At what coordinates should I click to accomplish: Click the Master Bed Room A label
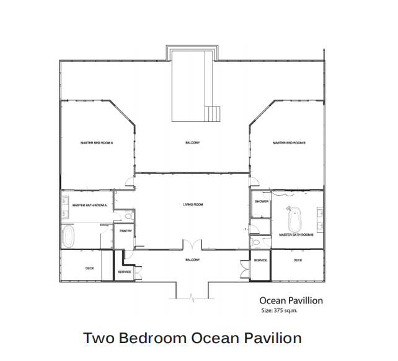(x=97, y=142)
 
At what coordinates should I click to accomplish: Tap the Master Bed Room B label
(x=289, y=142)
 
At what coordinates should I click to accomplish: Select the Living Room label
(x=193, y=204)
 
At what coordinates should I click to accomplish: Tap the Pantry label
(x=126, y=231)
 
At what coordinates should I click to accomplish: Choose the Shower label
(x=262, y=201)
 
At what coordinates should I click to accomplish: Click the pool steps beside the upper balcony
(x=212, y=114)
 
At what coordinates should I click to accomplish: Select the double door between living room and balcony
(x=193, y=245)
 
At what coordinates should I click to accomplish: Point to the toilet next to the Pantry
(x=128, y=216)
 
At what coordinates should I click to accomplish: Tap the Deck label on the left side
(x=90, y=268)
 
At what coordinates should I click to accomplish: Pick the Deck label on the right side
(x=298, y=260)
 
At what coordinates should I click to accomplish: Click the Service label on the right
(x=260, y=260)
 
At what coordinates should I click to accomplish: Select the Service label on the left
(x=125, y=272)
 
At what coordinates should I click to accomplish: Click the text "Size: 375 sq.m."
(x=279, y=310)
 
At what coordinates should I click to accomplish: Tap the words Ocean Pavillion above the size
(x=291, y=300)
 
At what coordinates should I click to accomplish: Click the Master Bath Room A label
(x=89, y=205)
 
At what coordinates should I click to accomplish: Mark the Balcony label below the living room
(x=193, y=259)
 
